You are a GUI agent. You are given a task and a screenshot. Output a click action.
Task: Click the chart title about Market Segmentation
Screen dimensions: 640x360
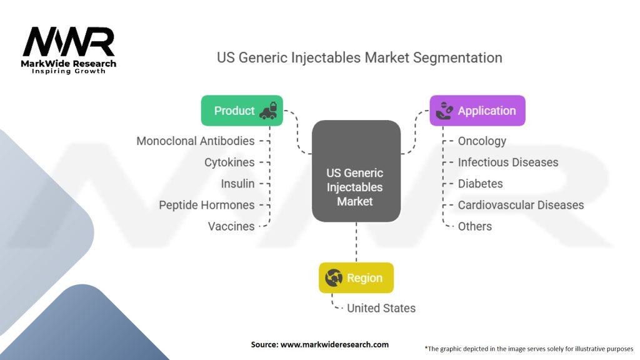pos(359,57)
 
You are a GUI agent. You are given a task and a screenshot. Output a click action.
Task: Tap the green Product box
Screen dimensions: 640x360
pos(242,111)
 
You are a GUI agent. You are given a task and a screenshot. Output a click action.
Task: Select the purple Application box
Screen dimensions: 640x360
pos(477,111)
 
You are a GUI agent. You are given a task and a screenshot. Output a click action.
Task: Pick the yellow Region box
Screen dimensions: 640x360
pos(356,277)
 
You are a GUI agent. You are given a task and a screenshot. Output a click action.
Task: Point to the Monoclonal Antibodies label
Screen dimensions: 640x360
pos(196,141)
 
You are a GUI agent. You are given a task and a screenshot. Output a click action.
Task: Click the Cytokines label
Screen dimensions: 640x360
pos(229,162)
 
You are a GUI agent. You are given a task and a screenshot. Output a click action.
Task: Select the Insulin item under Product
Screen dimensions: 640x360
pos(237,183)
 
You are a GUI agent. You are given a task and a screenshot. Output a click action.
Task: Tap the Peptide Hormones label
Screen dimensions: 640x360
pos(207,205)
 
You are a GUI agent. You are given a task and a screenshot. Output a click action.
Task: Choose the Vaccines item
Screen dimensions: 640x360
pos(231,226)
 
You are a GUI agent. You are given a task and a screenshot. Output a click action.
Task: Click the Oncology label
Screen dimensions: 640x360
pos(482,141)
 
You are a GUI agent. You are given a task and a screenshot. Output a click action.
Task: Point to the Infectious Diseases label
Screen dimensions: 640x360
pos(508,162)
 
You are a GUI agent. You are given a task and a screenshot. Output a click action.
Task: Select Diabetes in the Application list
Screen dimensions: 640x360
pos(480,183)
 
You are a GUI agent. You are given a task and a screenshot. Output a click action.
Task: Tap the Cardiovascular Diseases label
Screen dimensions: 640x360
pos(521,205)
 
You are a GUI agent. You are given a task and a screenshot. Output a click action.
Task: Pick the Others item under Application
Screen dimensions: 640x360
pos(474,226)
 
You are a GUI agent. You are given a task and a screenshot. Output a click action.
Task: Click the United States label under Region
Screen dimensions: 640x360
pos(381,307)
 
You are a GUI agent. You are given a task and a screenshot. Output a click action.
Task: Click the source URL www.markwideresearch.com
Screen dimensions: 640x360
pos(335,344)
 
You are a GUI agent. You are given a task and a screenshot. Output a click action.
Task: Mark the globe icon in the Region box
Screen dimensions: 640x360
pos(334,277)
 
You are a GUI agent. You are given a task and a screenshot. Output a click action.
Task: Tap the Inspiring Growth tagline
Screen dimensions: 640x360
pos(69,71)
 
